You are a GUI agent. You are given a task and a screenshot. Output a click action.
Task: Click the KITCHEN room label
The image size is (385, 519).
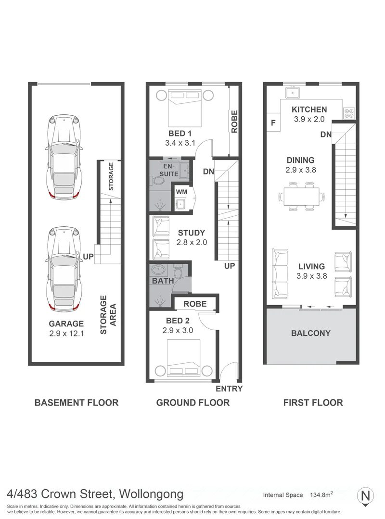(309, 109)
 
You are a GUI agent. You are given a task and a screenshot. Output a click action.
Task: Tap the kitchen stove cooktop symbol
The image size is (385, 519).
(349, 113)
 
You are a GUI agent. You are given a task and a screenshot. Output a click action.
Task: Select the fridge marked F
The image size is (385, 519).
(273, 123)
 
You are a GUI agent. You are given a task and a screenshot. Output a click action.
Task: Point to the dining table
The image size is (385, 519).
(301, 196)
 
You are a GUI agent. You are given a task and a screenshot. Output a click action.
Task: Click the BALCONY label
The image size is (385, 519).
(311, 333)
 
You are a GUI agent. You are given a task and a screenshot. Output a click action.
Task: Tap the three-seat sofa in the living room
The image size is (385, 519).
(280, 273)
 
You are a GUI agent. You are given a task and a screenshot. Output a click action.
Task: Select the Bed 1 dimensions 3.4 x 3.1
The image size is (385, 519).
(180, 143)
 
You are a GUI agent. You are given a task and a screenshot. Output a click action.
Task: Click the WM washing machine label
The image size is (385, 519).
(181, 192)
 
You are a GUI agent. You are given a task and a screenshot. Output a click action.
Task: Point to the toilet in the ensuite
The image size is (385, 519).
(159, 180)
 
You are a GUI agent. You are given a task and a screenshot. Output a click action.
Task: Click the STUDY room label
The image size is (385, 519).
(192, 233)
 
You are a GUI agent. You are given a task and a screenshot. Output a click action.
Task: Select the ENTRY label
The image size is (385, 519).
(229, 389)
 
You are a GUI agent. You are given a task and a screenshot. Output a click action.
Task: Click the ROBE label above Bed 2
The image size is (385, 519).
(195, 304)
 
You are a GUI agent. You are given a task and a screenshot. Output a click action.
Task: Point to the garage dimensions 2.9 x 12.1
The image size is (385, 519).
(67, 333)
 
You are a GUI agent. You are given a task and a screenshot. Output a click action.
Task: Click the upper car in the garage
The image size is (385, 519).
(64, 157)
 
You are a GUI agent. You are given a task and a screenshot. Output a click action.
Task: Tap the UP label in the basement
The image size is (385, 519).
(88, 256)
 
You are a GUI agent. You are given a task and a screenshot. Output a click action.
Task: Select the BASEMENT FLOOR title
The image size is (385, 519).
(77, 403)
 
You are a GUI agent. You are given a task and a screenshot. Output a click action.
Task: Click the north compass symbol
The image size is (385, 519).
(365, 496)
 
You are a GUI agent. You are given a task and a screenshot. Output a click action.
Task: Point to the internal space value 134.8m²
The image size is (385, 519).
(321, 494)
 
